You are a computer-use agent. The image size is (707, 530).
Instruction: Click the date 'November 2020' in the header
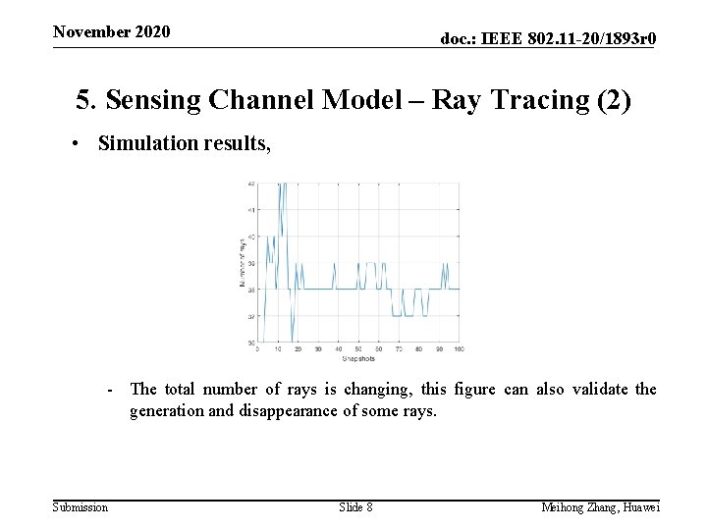coord(111,31)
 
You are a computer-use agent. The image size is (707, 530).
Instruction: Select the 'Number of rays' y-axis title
coord(242,263)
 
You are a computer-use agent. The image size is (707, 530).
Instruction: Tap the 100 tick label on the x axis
coord(460,349)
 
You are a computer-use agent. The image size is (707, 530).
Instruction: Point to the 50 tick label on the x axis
coord(358,349)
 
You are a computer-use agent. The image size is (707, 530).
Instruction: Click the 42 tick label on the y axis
coord(251,184)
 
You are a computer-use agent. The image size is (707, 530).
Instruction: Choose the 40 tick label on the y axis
coord(251,237)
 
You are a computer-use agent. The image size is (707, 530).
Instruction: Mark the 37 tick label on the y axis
coord(251,316)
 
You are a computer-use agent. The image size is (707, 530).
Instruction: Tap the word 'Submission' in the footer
coord(81,506)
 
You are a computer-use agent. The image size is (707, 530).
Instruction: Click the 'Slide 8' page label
coord(355,506)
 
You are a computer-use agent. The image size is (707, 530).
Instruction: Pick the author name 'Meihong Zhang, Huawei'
coord(600,506)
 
